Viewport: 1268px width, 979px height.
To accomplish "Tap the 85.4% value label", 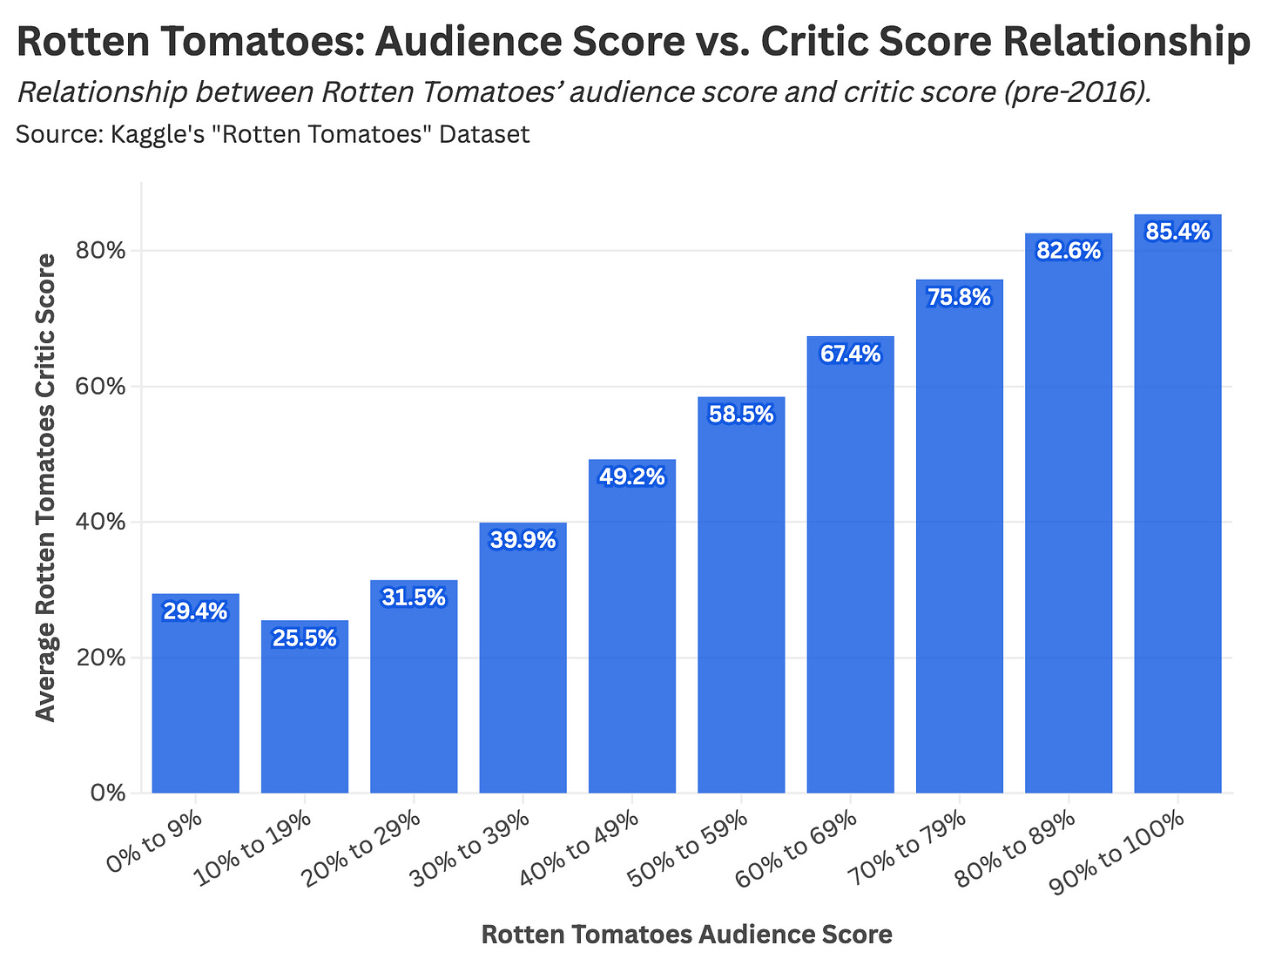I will click(x=1177, y=232).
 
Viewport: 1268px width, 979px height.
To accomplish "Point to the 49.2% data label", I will click(x=631, y=476).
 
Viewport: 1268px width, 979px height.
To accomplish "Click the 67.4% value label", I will click(x=850, y=354).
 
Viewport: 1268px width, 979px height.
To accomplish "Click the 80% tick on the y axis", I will click(x=104, y=251).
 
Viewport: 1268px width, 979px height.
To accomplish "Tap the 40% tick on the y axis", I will click(x=104, y=523).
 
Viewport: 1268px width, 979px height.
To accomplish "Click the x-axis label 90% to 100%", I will click(x=1119, y=851).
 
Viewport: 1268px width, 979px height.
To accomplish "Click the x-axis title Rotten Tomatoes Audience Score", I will click(x=686, y=935).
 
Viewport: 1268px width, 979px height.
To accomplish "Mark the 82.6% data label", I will click(x=1069, y=251).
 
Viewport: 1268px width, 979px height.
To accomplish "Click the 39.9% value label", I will click(x=523, y=540).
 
